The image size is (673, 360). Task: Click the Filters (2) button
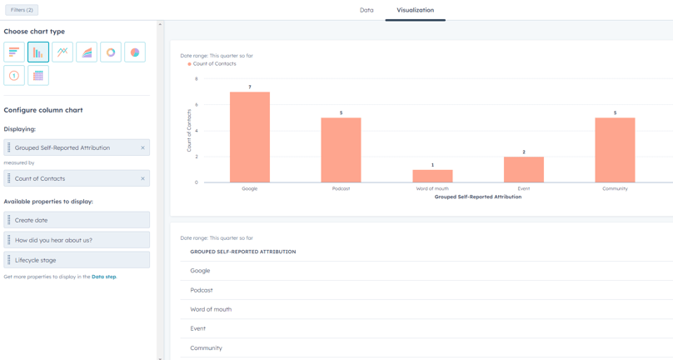22,10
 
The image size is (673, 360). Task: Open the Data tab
366,10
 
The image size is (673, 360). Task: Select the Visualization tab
415,10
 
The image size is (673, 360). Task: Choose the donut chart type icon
111,52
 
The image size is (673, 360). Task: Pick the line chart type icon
62,52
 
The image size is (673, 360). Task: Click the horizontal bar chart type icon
14,52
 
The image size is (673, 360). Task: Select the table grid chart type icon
38,76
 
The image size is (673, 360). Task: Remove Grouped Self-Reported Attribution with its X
142,148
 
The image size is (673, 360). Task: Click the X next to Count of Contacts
142,179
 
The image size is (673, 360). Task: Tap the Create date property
77,220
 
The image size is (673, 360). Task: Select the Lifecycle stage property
77,260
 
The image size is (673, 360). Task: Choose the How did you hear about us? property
77,240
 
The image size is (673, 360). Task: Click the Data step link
103,277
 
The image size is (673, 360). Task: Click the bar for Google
250,137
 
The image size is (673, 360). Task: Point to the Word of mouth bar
432,176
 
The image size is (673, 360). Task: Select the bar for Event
524,169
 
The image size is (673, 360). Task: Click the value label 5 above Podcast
341,113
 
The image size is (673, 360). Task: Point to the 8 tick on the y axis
197,79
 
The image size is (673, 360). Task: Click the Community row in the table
206,348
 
